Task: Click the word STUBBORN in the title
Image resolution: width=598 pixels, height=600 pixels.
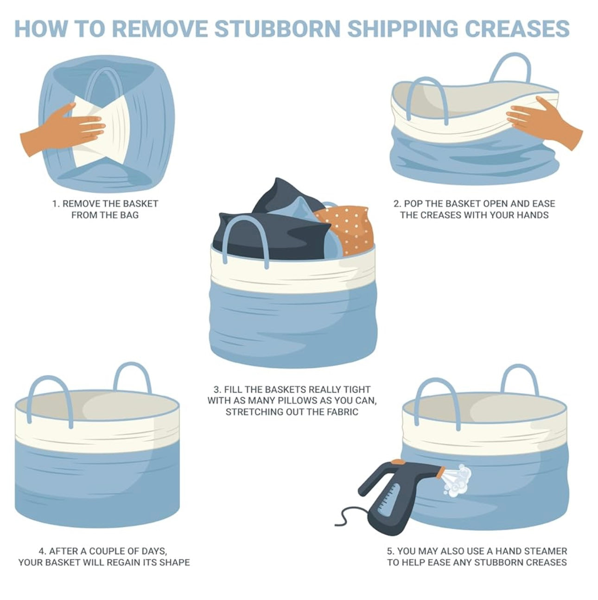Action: (x=277, y=29)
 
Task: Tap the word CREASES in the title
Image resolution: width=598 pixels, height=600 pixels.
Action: (x=517, y=29)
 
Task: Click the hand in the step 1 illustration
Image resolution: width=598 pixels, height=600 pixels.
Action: (x=62, y=129)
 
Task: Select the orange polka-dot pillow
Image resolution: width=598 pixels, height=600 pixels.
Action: (x=345, y=229)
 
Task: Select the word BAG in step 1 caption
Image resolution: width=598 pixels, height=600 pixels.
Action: (x=128, y=215)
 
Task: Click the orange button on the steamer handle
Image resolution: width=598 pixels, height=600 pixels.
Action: (x=398, y=461)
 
